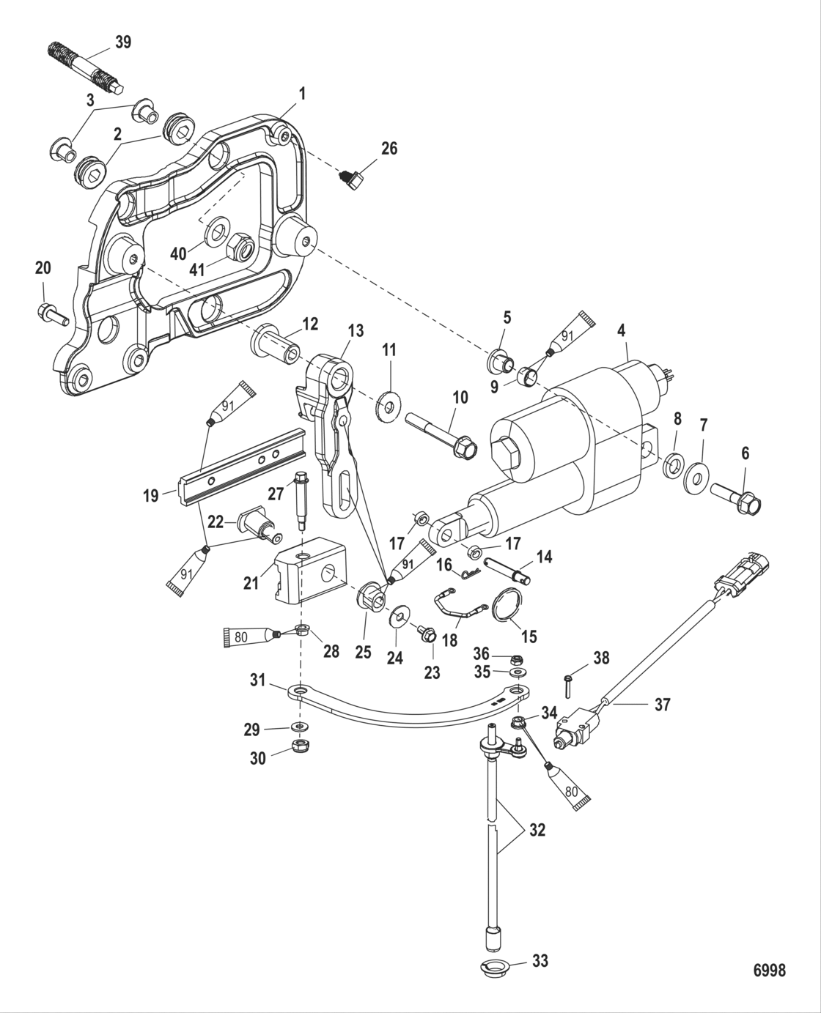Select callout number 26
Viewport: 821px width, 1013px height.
click(389, 149)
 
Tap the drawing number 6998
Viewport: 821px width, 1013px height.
click(769, 970)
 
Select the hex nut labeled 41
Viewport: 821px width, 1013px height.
click(240, 248)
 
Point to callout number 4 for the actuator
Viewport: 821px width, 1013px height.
click(621, 330)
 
